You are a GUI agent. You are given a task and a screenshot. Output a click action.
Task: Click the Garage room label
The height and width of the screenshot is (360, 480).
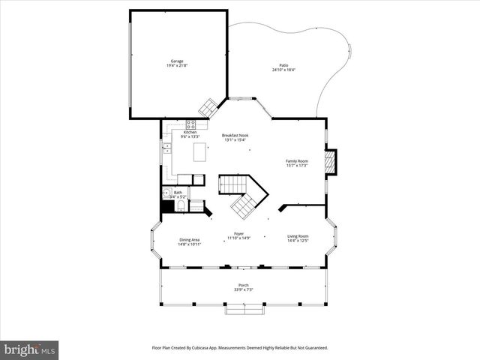point(176,61)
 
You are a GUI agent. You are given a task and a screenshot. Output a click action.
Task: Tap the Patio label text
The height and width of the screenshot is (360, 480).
point(283,65)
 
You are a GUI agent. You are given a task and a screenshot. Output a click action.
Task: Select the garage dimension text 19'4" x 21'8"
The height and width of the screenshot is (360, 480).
point(176,66)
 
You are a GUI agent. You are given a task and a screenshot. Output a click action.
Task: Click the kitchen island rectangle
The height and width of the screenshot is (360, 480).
point(200,152)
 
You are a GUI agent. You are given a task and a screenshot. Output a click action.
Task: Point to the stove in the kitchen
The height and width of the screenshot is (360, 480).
point(191,124)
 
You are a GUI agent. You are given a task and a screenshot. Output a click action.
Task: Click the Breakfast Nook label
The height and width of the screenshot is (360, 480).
point(235,135)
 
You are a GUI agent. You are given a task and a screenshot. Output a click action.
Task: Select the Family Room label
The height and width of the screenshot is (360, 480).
point(297,160)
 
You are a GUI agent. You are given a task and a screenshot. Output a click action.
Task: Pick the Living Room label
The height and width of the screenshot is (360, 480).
point(298,236)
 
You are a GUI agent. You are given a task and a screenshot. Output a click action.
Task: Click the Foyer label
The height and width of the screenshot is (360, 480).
point(238,233)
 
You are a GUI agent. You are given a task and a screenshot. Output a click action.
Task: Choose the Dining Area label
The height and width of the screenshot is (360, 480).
point(189,239)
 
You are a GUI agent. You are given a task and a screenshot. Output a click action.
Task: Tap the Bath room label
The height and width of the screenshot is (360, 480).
point(178,192)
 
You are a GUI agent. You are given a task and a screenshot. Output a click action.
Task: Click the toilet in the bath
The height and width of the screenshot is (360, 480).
point(166,192)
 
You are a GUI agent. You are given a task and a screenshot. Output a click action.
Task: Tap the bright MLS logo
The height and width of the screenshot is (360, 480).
point(29,349)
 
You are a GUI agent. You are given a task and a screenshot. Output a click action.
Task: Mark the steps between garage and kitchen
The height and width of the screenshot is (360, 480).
point(207,106)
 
